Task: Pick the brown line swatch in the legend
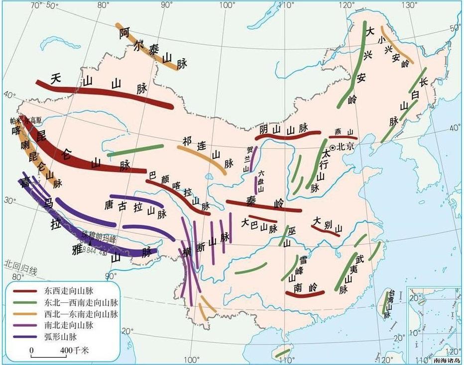click(25, 291)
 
